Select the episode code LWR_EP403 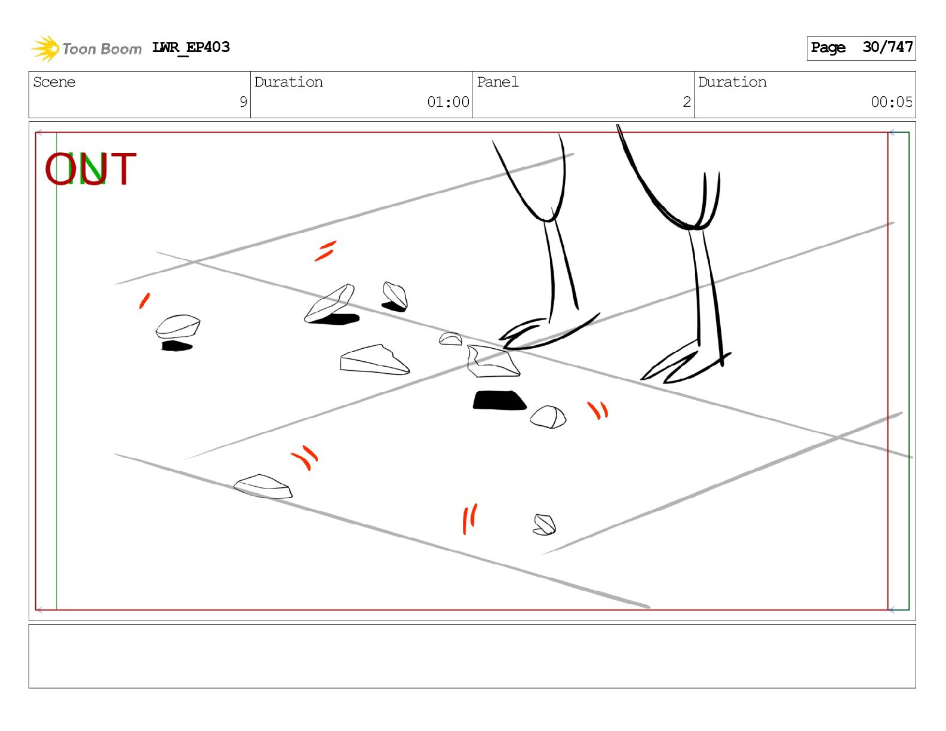tap(191, 47)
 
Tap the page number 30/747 tap(887, 47)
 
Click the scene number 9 tap(243, 102)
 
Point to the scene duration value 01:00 tap(448, 102)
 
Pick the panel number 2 tap(687, 102)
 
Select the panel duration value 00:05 tap(892, 102)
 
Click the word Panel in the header tap(497, 82)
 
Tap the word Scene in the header tap(54, 82)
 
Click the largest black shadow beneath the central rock tap(499, 400)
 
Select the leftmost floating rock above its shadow tap(177, 327)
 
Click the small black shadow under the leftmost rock tap(176, 346)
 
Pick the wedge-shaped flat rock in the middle tap(374, 360)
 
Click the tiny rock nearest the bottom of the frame tap(544, 524)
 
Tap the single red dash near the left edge tap(144, 301)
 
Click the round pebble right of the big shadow tap(548, 417)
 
